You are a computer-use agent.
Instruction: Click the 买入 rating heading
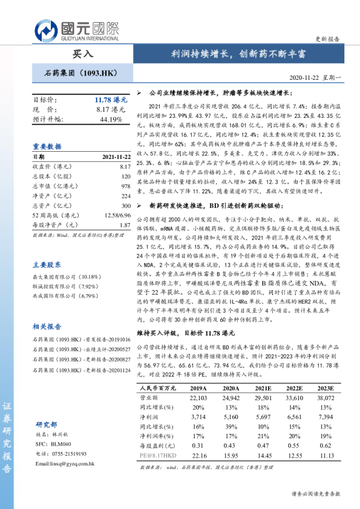pyautogui.click(x=83, y=53)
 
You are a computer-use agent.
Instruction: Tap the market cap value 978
pyautogui.click(x=125, y=186)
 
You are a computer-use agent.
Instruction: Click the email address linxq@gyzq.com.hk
pyautogui.click(x=66, y=463)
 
